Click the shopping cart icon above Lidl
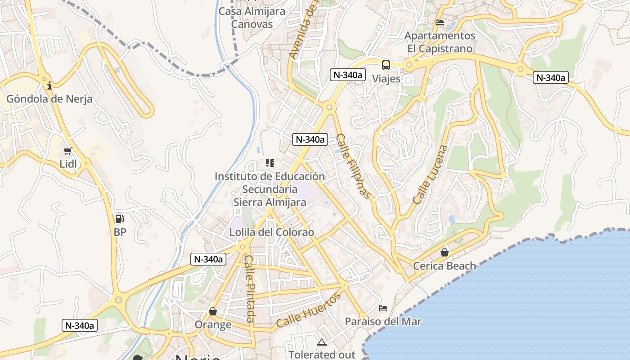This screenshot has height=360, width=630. [x=67, y=151]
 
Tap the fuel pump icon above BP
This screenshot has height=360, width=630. [x=119, y=219]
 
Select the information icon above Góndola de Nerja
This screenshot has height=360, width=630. [x=49, y=85]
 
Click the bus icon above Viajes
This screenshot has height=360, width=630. [x=386, y=65]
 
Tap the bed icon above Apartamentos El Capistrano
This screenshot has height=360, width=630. [x=440, y=22]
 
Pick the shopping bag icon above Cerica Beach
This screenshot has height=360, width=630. [x=444, y=252]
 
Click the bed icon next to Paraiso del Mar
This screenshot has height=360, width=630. [x=383, y=308]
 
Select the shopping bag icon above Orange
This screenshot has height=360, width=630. [x=213, y=311]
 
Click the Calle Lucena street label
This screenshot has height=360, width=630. [x=431, y=174]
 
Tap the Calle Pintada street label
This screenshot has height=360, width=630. [x=249, y=288]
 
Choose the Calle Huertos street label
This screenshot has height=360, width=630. [x=309, y=310]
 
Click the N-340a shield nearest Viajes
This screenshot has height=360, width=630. [x=347, y=75]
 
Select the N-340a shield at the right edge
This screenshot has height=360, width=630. [x=551, y=77]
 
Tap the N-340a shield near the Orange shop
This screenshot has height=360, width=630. [x=207, y=259]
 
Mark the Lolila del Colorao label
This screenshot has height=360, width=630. [x=271, y=233]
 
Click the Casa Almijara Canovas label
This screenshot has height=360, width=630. [x=252, y=18]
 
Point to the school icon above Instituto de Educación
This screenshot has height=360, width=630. [x=270, y=162]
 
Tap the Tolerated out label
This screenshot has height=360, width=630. [x=322, y=355]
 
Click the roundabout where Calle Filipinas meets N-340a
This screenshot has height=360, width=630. [x=329, y=107]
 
